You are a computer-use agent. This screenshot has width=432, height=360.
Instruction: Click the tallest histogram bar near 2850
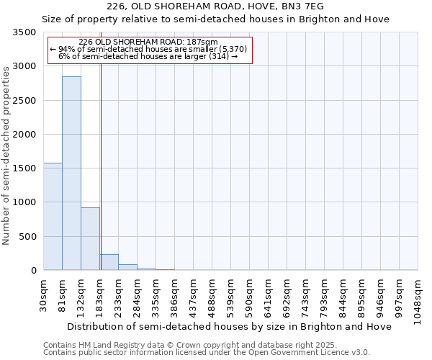(x=71, y=173)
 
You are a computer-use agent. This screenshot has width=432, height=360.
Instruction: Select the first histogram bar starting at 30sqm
(x=53, y=216)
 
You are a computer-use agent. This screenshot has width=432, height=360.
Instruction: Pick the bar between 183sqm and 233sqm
(x=109, y=262)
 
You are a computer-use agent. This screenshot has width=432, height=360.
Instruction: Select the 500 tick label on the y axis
(x=30, y=237)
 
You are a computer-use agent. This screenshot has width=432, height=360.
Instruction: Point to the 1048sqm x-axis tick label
(x=418, y=299)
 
